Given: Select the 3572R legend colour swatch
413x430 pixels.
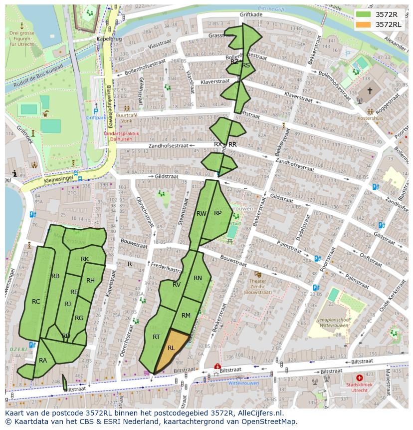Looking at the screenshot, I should [x=363, y=14].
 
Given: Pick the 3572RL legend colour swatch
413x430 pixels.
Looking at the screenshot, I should [x=363, y=24].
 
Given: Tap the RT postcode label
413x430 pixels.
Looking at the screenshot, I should [x=156, y=337].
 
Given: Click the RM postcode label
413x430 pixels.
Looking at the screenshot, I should [x=186, y=315].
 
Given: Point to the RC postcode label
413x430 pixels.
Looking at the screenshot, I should [x=36, y=302].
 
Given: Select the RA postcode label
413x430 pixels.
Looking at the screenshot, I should [x=43, y=360].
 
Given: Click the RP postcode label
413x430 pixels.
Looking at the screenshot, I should [x=217, y=213].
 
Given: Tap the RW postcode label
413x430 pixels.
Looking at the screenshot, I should [x=201, y=213].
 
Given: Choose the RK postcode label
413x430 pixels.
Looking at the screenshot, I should [x=85, y=259].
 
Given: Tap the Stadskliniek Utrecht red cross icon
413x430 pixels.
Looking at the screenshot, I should [x=360, y=378].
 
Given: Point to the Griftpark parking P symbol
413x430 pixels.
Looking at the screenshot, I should [x=96, y=112].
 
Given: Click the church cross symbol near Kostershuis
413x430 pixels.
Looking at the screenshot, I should [x=370, y=91].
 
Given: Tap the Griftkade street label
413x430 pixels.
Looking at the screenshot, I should [x=250, y=15].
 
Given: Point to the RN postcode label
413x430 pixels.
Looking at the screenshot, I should [x=198, y=278].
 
